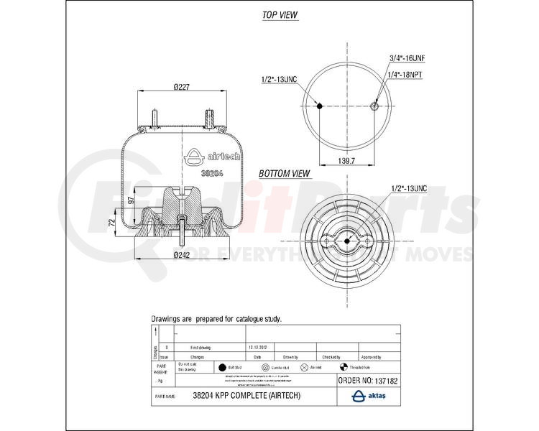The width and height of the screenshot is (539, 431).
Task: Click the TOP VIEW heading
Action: point(280,15)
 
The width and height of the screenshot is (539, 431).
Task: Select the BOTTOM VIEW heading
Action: point(285,173)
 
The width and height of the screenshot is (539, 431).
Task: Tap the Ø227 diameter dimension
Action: point(181,88)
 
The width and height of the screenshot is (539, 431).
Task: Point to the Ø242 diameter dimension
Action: point(182,255)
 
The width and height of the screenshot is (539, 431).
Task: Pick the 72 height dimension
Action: point(112,225)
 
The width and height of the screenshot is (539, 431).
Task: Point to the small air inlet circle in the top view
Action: point(374,106)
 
